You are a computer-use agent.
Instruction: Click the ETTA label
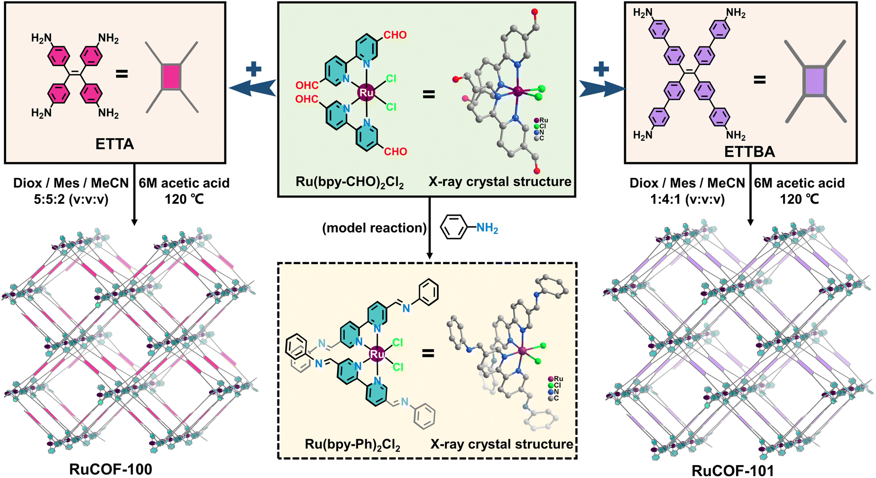click(114, 144)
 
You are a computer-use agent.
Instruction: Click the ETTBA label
click(749, 152)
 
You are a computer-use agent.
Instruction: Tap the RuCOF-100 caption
click(111, 469)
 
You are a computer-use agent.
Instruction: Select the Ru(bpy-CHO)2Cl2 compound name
click(350, 182)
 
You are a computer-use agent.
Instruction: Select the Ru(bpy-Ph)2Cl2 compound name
click(352, 445)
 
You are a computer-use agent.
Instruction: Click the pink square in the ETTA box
click(171, 77)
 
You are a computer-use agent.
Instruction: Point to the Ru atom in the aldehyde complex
click(366, 93)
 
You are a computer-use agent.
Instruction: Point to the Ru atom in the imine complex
click(377, 354)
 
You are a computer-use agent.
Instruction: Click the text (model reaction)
click(374, 228)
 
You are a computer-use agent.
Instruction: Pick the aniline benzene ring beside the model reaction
click(453, 228)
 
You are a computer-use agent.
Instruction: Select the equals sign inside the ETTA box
click(122, 74)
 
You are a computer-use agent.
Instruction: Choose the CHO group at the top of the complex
click(395, 35)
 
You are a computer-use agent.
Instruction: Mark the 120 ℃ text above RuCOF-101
click(799, 199)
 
